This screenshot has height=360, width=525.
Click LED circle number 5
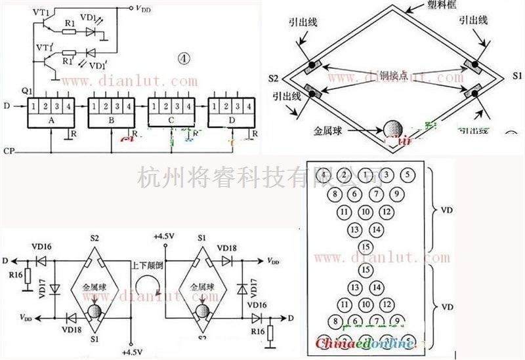pos(408,175)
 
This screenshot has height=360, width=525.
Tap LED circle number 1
pos(366,175)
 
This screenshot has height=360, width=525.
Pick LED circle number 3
pos(387,175)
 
